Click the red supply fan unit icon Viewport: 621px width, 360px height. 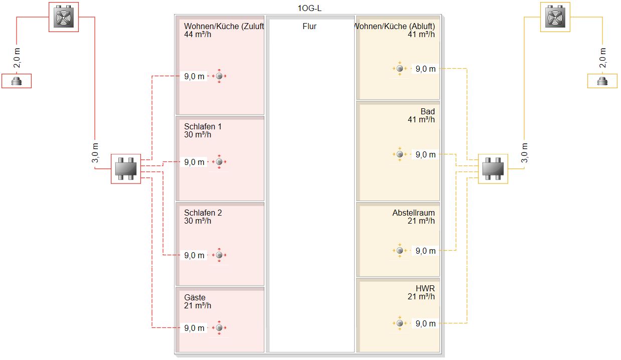64,17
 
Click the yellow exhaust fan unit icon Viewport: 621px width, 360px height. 555,17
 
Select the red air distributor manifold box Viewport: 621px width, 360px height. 126,169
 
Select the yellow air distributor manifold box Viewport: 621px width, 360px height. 493,169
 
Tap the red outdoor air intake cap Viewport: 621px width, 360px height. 17,81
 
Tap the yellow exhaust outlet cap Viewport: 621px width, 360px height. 602,81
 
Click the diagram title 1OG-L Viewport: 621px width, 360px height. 309,9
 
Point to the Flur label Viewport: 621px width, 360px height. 309,27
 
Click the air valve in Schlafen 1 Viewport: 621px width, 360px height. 219,161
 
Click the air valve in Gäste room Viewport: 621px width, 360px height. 219,327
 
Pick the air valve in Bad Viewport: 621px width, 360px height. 400,154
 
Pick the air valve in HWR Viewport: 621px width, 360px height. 400,323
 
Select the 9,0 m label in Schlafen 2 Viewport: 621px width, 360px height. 194,255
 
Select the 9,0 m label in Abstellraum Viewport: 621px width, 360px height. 425,251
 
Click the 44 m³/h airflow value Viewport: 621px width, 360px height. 198,35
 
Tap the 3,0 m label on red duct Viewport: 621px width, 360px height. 95,153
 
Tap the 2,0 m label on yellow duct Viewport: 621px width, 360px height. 602,58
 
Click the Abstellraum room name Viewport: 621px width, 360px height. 414,213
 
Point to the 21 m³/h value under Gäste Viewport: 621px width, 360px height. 198,306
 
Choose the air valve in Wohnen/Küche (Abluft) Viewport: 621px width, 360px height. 400,68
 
